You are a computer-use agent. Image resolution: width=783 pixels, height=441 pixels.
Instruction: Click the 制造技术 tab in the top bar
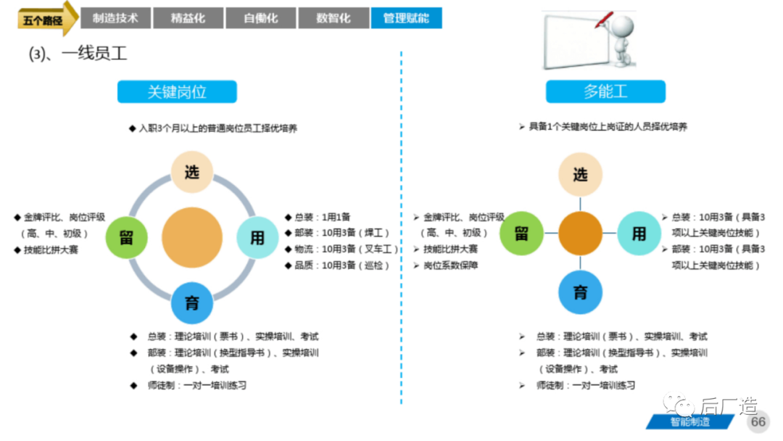tap(115, 18)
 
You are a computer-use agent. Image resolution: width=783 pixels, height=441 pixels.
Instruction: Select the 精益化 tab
tap(188, 18)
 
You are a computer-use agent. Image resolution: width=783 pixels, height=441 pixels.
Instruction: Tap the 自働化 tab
tap(261, 18)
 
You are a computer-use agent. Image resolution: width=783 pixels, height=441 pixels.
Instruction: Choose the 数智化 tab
tap(333, 18)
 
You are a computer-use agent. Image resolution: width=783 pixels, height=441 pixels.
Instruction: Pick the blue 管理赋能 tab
tap(406, 18)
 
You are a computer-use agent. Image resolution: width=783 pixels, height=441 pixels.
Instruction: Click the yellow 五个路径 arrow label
tap(45, 20)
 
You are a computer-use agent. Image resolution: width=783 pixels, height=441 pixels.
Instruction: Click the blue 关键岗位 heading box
tap(177, 92)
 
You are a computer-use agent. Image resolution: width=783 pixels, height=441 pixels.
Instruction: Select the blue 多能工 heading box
tap(605, 92)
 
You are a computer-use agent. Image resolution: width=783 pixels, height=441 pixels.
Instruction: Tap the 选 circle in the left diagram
tap(191, 172)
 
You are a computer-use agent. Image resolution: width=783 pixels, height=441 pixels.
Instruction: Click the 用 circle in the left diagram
tap(257, 238)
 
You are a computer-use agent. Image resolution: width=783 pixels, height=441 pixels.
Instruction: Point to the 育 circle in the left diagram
tap(192, 302)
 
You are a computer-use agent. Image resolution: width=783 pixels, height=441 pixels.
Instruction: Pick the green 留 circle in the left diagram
tap(126, 238)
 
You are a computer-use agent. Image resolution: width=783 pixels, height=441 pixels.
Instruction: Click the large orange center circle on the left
tap(192, 237)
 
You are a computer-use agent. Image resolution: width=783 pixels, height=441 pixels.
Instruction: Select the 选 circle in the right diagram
tap(580, 175)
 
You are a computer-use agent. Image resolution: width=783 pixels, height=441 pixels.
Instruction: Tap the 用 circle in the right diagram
tap(638, 233)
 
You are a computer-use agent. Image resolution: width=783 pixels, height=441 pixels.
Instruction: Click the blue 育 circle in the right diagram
tap(580, 292)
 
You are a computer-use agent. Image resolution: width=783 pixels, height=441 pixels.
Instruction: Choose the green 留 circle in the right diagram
tap(521, 233)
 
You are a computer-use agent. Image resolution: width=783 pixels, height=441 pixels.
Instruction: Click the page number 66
tap(758, 421)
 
